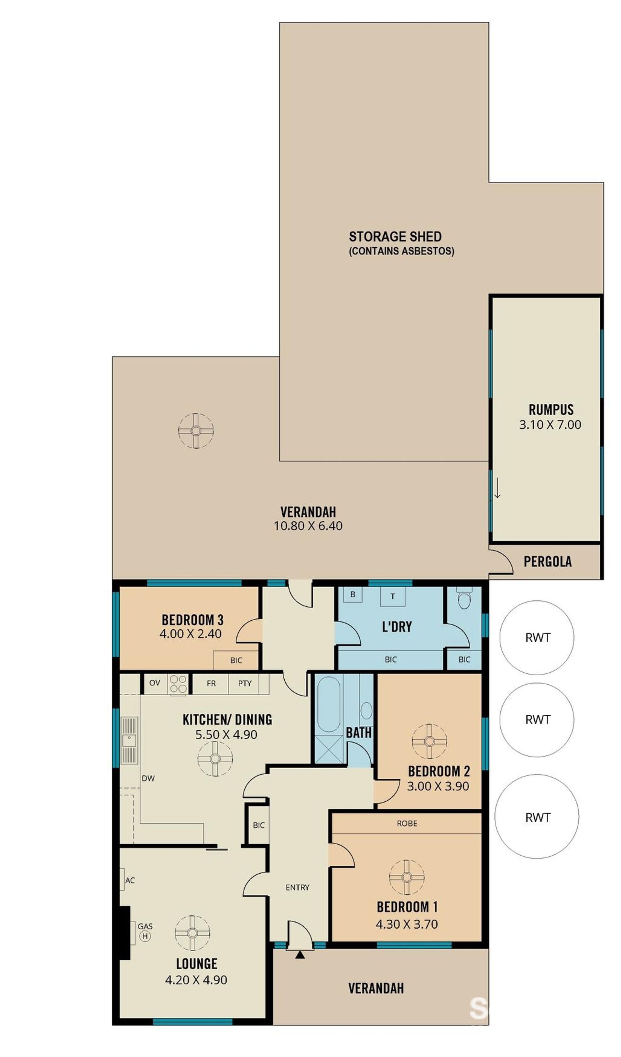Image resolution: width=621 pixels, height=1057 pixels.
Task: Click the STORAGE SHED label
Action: pos(395,237)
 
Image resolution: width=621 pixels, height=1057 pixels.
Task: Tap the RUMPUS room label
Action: pos(550,409)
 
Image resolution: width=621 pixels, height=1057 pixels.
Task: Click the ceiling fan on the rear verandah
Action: pos(196,431)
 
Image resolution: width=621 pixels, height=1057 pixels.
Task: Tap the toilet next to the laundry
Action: pos(464,598)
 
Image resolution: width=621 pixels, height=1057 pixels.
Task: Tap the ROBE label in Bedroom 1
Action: pos(407,823)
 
